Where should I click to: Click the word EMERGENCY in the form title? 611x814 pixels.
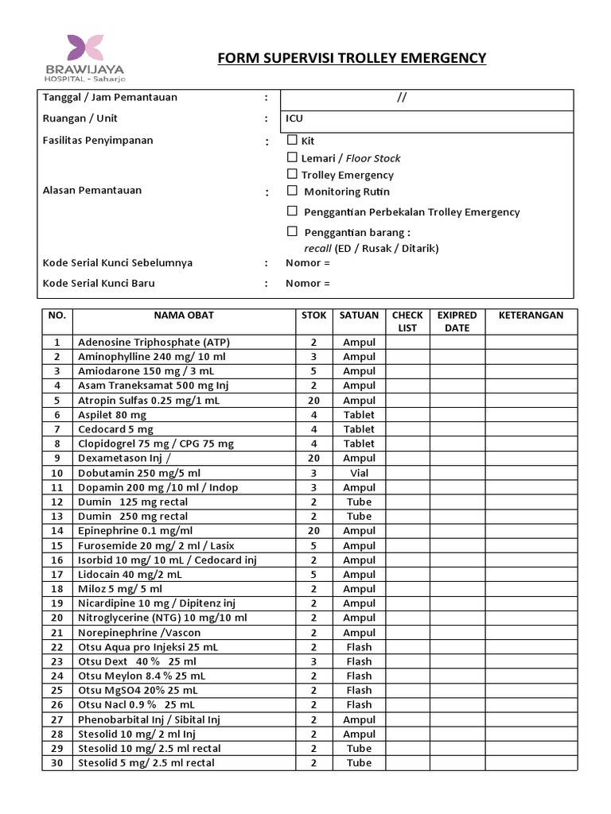coord(440,58)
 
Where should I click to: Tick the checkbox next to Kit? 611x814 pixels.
coord(292,140)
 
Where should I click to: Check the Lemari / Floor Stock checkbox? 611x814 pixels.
coord(292,157)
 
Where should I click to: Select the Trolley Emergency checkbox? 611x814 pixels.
coord(292,174)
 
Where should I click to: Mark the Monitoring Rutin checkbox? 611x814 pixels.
coord(292,191)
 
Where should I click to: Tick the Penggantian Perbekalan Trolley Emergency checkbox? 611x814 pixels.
coord(292,211)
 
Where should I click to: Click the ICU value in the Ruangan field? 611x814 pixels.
coord(294,118)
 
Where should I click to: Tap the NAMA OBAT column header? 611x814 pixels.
coord(184,315)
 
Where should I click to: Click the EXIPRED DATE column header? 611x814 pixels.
coord(457,321)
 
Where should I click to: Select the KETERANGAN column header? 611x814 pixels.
coord(531,315)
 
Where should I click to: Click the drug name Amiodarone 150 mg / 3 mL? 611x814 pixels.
coord(146,371)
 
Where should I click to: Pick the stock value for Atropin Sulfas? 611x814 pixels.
coord(313,401)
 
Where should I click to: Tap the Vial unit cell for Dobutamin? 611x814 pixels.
coord(359,473)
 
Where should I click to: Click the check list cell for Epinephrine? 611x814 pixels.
coord(407,531)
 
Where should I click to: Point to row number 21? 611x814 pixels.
coord(56,633)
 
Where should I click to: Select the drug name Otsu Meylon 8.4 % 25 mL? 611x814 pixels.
coord(142,676)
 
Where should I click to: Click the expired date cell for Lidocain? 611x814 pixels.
coord(457,575)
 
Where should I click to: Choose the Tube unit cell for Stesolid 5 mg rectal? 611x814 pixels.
coord(359,763)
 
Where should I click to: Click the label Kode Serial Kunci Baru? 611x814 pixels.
coord(98,283)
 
